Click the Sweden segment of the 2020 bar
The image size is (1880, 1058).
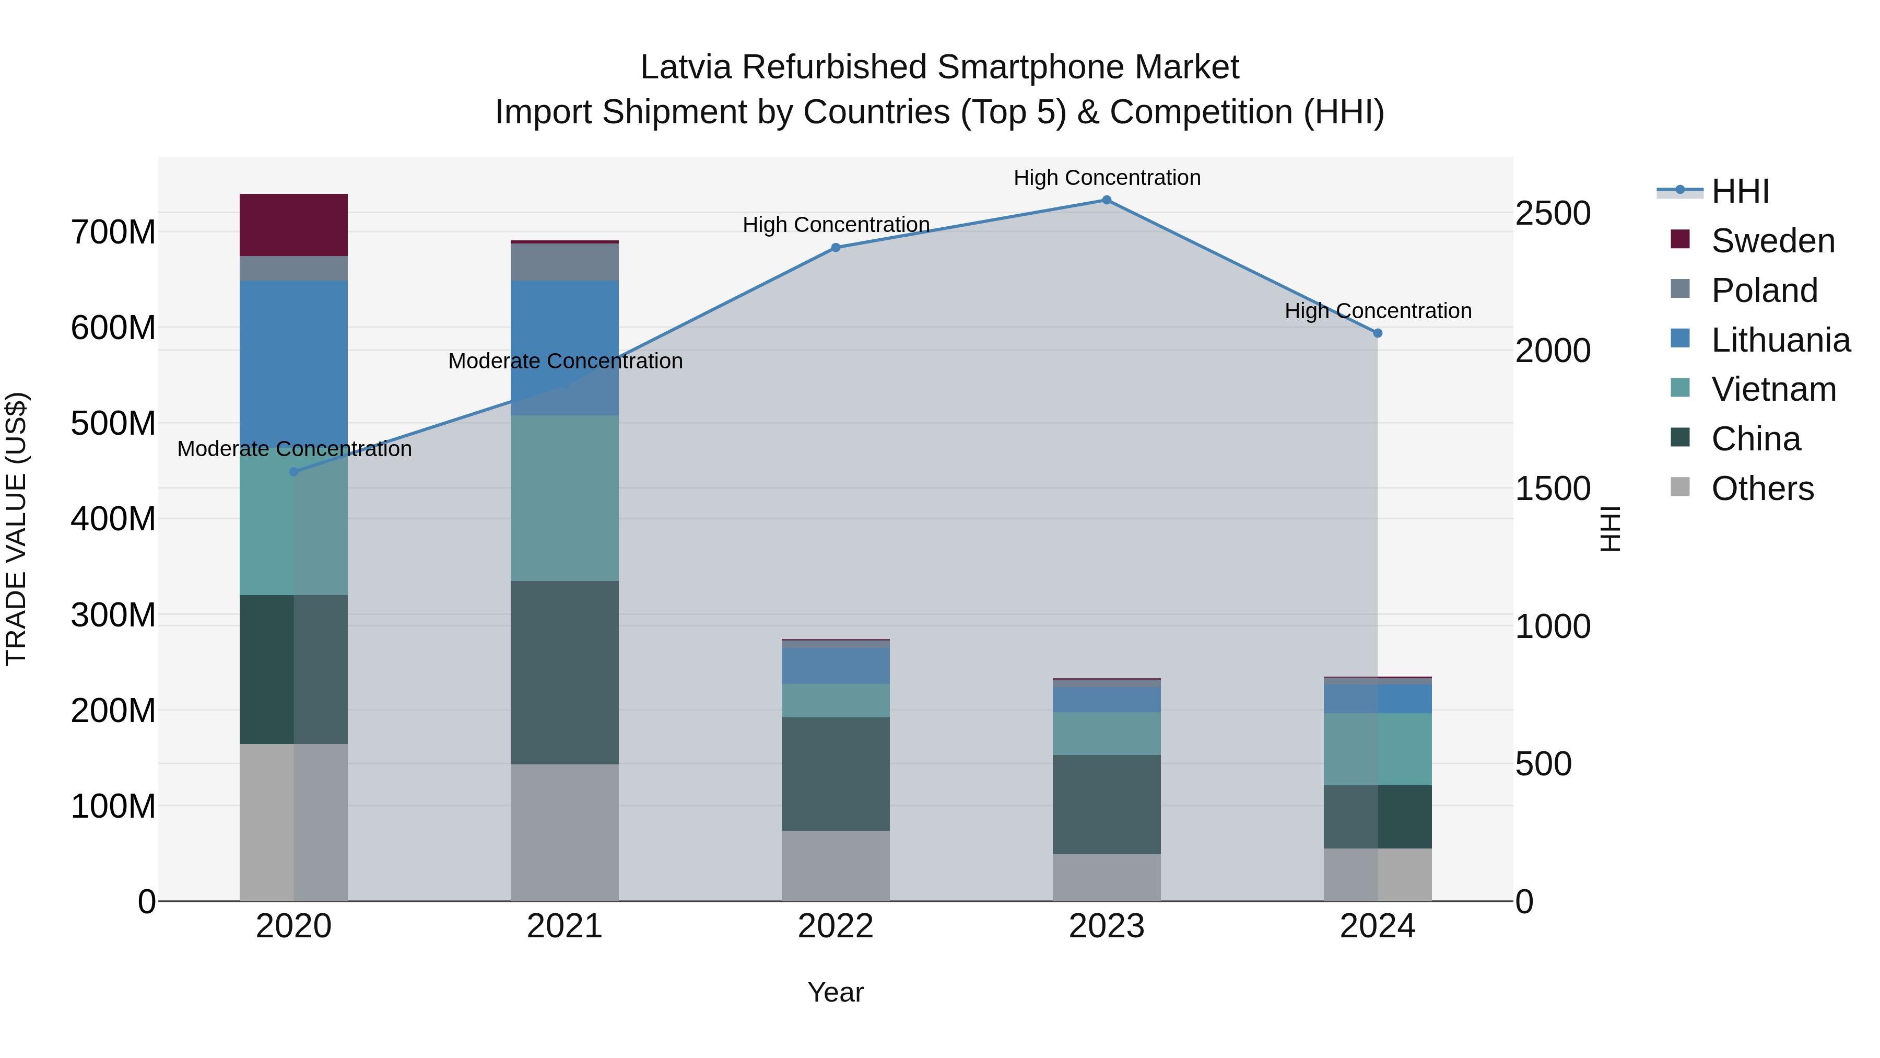tap(293, 225)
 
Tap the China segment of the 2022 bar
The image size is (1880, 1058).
tap(836, 773)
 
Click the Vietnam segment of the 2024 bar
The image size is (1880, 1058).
tap(1377, 749)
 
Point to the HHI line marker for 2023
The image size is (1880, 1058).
tap(1107, 200)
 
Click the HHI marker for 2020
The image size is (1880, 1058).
tap(293, 472)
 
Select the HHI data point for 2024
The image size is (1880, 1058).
tap(1377, 333)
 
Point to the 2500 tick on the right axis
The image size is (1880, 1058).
tap(1553, 213)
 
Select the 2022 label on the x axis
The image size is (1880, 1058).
tap(836, 926)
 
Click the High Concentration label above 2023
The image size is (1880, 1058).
tap(1107, 178)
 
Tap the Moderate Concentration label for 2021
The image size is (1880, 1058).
tap(565, 361)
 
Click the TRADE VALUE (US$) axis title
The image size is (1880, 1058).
tap(16, 529)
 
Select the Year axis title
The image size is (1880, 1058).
tap(836, 992)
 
